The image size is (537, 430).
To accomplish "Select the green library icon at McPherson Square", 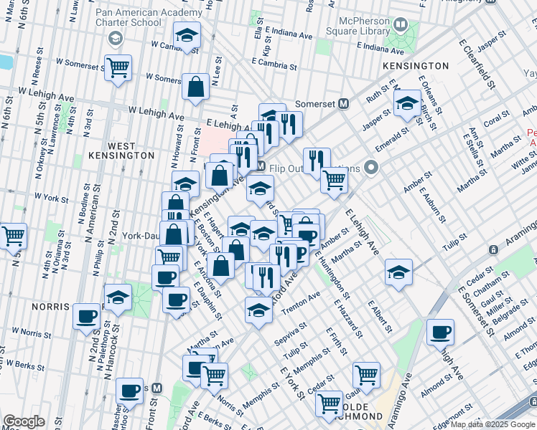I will point(401,27).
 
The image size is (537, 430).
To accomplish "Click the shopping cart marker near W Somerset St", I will point(118,69).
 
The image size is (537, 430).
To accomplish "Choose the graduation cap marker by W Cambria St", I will point(187,36).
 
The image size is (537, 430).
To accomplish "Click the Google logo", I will point(24,421).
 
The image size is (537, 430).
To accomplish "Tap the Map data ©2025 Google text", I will point(492,424).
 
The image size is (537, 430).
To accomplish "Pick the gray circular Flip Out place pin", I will point(371,168).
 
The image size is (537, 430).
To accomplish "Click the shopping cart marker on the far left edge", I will point(13,235).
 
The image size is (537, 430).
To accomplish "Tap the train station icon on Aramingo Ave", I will point(494,249).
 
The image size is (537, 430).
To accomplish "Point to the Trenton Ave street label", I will point(304,300).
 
